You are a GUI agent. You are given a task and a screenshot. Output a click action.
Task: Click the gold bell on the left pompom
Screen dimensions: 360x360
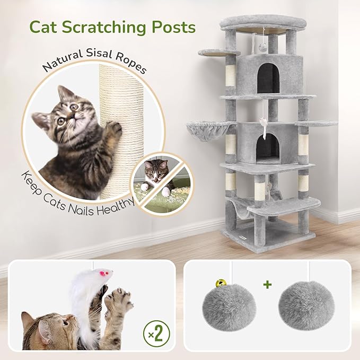(218, 285)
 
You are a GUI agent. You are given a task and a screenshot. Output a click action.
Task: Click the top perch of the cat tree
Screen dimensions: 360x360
(264, 23)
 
